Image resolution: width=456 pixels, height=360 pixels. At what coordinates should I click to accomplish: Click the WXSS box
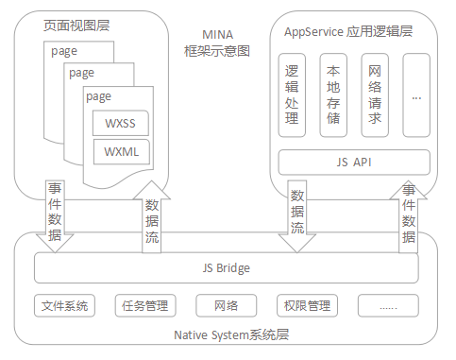click(120, 123)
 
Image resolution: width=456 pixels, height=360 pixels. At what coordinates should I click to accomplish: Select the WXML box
click(120, 151)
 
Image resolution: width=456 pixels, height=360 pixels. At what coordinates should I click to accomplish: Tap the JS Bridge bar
click(227, 268)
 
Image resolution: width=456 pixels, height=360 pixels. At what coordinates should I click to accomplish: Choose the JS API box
click(354, 162)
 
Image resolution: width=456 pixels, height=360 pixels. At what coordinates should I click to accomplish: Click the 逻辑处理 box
click(292, 94)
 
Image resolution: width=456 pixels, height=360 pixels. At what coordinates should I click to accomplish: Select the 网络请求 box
click(375, 94)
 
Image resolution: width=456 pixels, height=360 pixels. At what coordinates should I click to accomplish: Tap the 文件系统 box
click(64, 305)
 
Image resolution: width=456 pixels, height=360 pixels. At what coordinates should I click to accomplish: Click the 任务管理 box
click(145, 305)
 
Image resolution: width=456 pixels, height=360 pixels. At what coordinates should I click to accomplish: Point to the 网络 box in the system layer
click(227, 305)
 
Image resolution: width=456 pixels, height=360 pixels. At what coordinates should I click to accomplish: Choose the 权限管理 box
click(307, 305)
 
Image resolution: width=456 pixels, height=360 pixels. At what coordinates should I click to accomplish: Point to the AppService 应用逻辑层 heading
click(348, 31)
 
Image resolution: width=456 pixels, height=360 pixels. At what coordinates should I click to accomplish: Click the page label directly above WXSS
click(99, 95)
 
